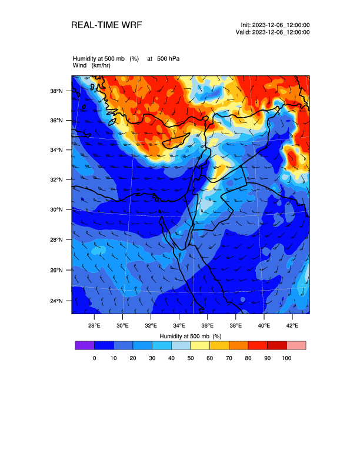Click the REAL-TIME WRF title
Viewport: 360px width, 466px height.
tap(106, 25)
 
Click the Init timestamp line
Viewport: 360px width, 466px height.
tap(275, 25)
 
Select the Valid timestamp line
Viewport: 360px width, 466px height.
tap(273, 32)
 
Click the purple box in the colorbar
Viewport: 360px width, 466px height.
tap(85, 345)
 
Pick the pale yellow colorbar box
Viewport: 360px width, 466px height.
tap(200, 345)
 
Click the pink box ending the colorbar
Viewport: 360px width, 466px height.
tap(296, 345)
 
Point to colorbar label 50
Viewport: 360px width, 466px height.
tap(191, 358)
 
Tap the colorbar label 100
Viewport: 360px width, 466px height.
tap(286, 358)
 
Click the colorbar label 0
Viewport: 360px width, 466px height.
tap(94, 358)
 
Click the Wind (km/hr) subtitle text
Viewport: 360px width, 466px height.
tap(91, 65)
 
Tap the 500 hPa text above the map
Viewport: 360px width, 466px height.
tap(168, 59)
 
